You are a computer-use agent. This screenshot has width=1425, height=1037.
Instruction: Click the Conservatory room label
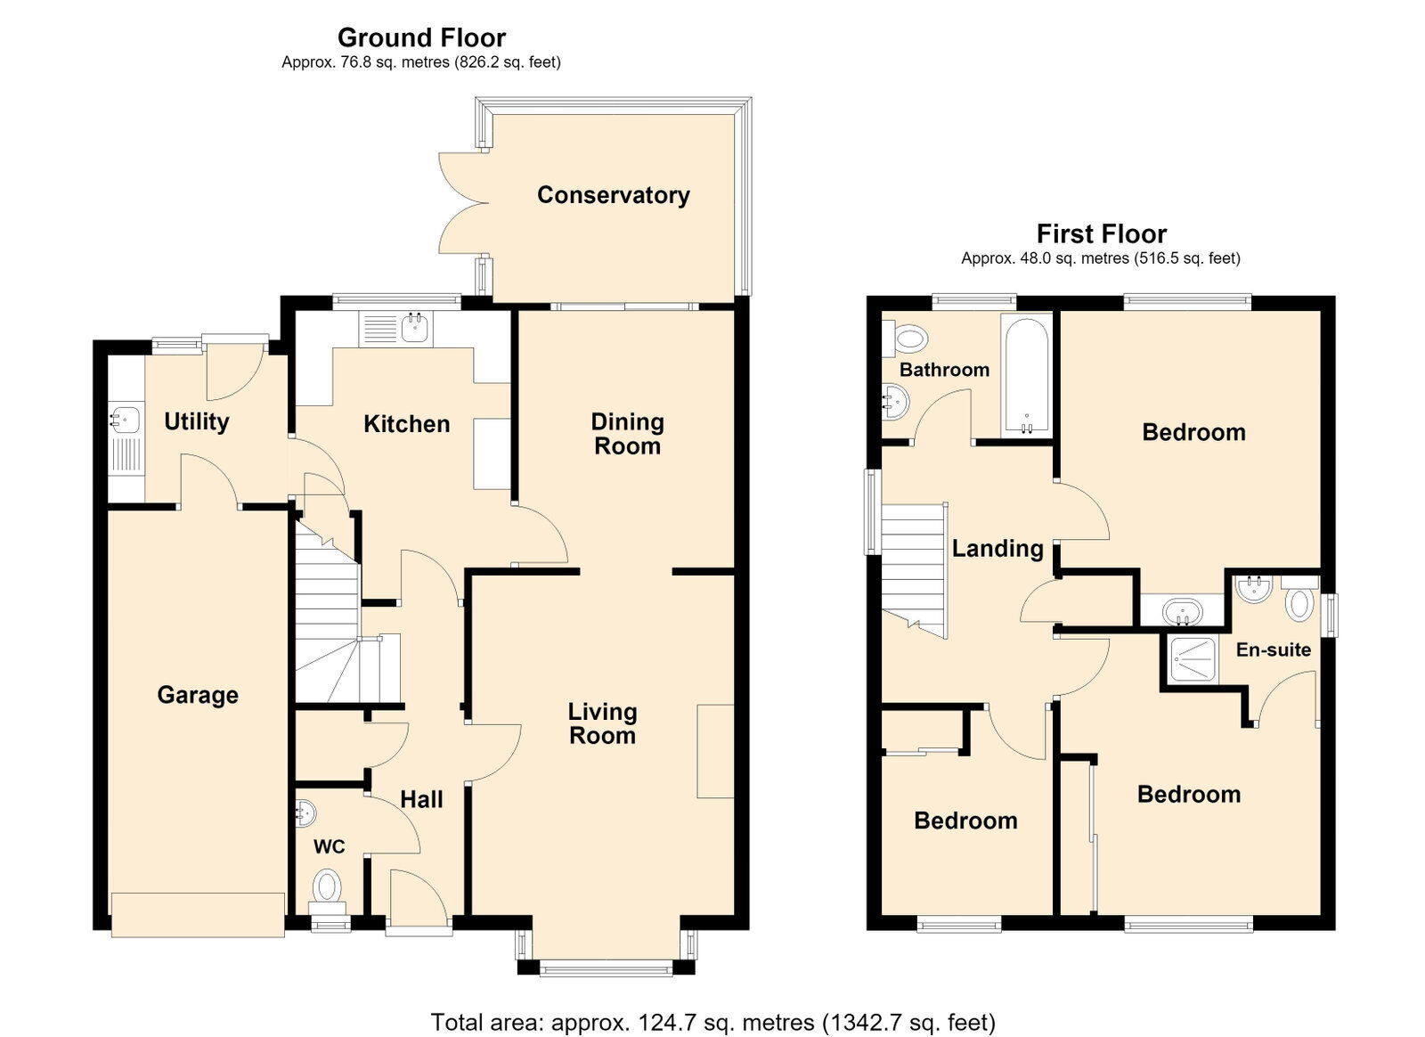click(x=614, y=195)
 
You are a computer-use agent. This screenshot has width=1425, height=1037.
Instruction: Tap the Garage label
click(x=198, y=695)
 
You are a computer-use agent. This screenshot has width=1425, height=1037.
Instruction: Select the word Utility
click(x=197, y=421)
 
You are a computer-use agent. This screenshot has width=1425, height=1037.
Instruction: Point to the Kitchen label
click(x=406, y=424)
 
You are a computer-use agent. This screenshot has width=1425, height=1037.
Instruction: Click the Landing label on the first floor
click(x=997, y=549)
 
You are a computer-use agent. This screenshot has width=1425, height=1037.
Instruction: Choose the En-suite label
click(x=1274, y=649)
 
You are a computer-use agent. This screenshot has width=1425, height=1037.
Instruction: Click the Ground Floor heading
click(x=421, y=37)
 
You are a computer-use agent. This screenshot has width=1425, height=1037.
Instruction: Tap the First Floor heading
click(x=1101, y=233)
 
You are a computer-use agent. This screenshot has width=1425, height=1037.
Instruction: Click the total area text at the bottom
click(x=713, y=1005)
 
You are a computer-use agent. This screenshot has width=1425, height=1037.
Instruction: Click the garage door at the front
click(x=198, y=915)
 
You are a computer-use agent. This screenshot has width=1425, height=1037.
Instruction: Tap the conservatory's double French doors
click(x=462, y=204)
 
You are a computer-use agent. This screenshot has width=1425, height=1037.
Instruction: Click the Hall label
click(x=421, y=800)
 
